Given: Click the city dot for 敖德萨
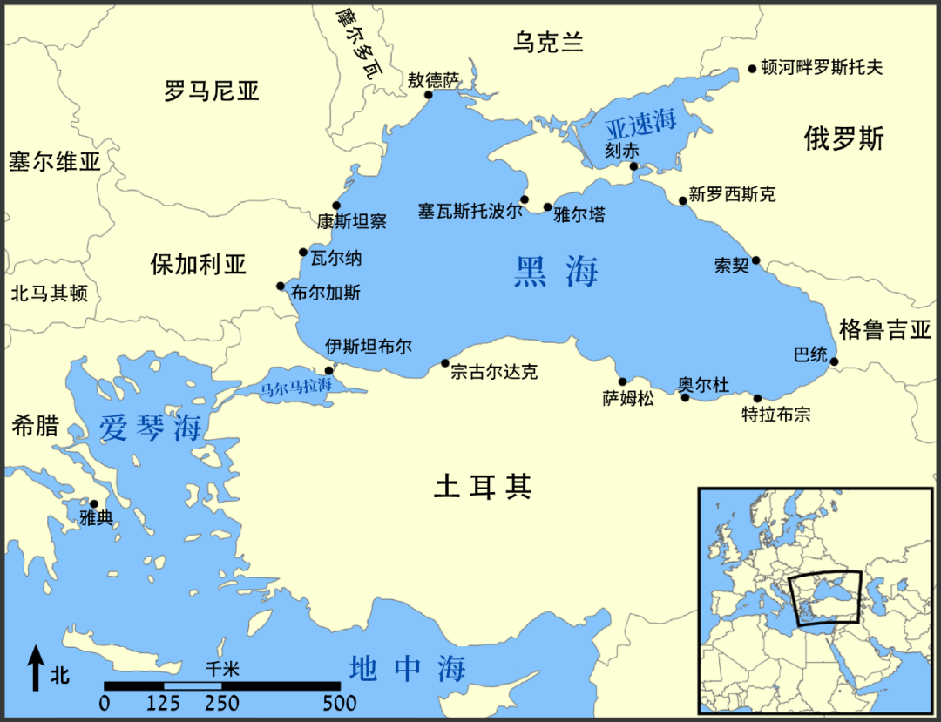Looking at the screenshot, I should coord(428,94).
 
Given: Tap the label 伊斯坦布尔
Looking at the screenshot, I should coord(368,346).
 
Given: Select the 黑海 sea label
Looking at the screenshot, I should coord(556,273).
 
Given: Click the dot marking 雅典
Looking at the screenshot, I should coord(94,503).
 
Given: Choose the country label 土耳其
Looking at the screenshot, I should coord(483,487).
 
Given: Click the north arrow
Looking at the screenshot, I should coord(36,668).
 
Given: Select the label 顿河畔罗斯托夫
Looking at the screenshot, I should coord(821,67).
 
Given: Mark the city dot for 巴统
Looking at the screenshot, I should coord(834,361).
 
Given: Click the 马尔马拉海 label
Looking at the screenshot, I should coord(296,386).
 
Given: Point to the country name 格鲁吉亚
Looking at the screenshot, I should coord(885,329).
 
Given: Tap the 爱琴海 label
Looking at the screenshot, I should coord(150,428).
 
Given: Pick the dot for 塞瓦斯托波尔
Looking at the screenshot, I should coord(524,199).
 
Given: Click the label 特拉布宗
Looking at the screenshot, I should coord(775,415).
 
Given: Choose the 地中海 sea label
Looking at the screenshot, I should coord(407,669).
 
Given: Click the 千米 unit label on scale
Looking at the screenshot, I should coord(222,669).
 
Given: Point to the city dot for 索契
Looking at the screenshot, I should coord(755,260).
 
